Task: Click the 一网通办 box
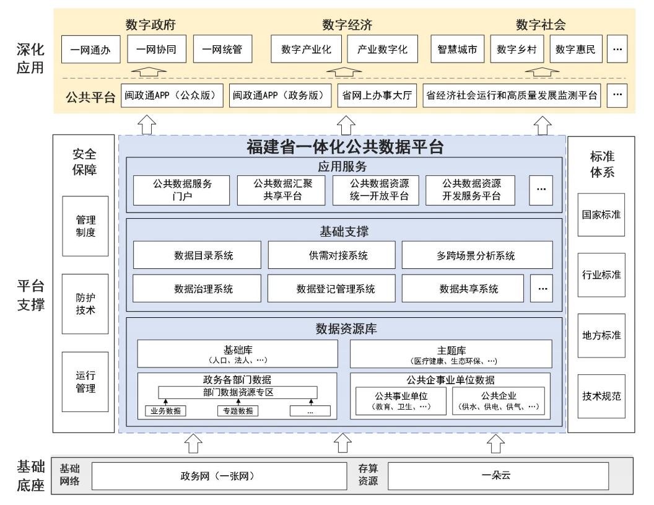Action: click(90, 50)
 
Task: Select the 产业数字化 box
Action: click(382, 50)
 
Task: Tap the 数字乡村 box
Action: click(517, 50)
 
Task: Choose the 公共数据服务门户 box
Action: click(182, 190)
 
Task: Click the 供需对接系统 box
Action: click(331, 255)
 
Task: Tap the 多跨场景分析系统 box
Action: click(476, 255)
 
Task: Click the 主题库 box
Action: click(451, 354)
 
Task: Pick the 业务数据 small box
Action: click(165, 410)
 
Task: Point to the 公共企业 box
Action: click(499, 401)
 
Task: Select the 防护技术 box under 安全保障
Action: click(85, 304)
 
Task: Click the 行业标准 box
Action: click(601, 274)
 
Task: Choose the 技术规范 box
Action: click(601, 396)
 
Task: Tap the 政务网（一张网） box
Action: click(219, 476)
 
